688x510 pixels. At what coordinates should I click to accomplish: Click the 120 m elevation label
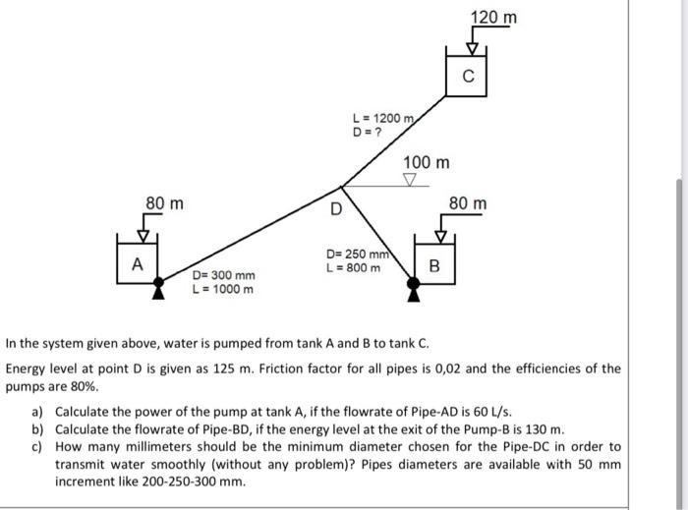[x=493, y=19]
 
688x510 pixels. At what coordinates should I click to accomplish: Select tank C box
[x=467, y=75]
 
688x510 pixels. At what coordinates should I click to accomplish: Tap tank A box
[x=138, y=263]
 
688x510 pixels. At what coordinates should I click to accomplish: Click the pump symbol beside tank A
[x=158, y=287]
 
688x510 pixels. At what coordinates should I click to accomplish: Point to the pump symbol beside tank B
[x=414, y=287]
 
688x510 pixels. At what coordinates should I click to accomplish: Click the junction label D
[x=336, y=208]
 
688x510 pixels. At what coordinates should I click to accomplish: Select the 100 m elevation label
[x=427, y=161]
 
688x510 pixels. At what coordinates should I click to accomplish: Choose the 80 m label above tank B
[x=467, y=204]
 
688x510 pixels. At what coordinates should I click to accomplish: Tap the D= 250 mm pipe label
[x=358, y=255]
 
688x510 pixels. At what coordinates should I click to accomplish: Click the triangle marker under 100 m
[x=411, y=180]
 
